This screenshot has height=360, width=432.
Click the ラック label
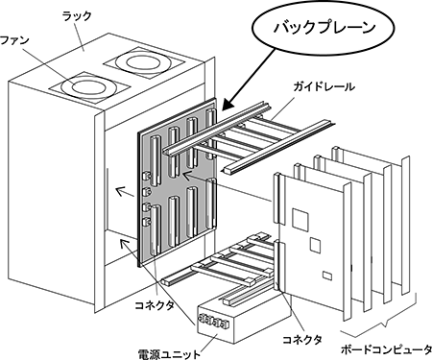tap(77, 15)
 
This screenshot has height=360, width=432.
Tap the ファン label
tap(15, 40)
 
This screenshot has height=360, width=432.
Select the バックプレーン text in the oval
tap(324, 27)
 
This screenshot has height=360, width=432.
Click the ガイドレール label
tap(324, 86)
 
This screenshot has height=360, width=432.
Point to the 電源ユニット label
tap(169, 354)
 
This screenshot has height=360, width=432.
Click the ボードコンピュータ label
tap(386, 349)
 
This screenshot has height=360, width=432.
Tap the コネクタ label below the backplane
tap(155, 305)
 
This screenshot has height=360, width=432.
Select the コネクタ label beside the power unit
tap(301, 339)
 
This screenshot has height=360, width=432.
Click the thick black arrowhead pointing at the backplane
tap(229, 104)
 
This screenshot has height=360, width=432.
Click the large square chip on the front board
tap(300, 220)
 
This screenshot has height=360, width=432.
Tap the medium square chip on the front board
tap(315, 245)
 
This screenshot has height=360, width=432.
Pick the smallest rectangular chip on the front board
tap(327, 276)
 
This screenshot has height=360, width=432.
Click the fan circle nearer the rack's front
tap(88, 86)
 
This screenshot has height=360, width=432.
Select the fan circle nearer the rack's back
tap(143, 62)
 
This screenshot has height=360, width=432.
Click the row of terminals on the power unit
tap(214, 322)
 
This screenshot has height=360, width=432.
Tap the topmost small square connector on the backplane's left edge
tap(146, 176)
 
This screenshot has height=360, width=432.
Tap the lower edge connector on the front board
tap(277, 266)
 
